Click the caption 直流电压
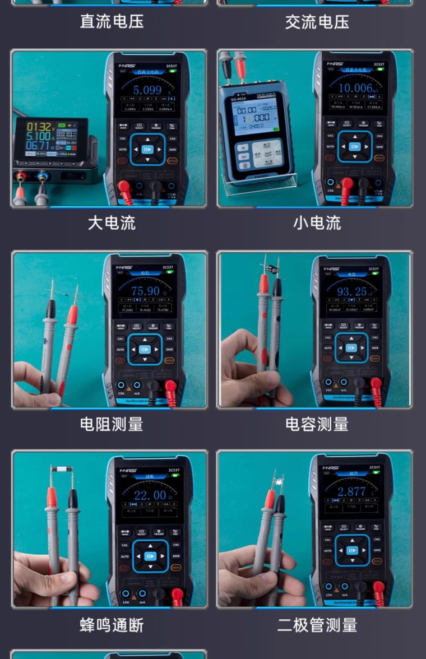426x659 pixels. pos(112,22)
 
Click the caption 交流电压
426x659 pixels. pos(317,22)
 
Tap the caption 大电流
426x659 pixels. pos(112,223)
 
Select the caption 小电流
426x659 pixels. pos(317,223)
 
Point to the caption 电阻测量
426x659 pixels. pos(112,424)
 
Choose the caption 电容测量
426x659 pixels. pos(317,424)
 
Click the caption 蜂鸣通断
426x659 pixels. pos(112,625)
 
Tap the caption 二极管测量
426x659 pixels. pos(317,625)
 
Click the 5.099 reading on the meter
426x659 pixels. pos(147,90)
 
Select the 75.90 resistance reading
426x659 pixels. pos(145,291)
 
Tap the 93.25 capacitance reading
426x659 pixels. pos(351,291)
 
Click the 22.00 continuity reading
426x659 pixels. pos(149,495)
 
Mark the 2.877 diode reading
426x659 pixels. pos(352,491)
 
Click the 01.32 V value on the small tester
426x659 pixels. pos(39,127)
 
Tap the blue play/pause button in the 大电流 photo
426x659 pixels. pos(147,149)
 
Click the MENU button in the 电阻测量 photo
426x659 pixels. pos(169,360)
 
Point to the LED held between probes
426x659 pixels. pos(274,480)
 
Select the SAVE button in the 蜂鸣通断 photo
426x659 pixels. pos(176,556)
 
